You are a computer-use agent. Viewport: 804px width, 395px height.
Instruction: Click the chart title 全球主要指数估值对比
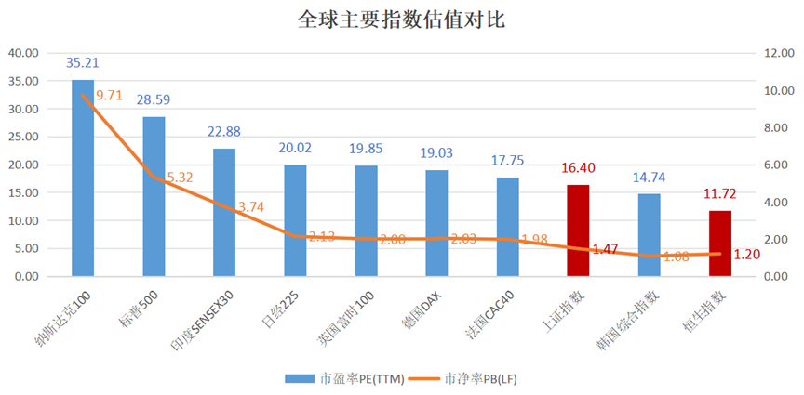tap(402, 20)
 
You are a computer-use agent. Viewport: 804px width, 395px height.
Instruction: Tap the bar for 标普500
tap(154, 197)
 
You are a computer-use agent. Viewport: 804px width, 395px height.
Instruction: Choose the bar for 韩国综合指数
tap(649, 235)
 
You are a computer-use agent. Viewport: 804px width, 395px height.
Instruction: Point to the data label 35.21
tap(83, 63)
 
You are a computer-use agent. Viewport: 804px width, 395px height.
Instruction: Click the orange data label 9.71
tap(110, 95)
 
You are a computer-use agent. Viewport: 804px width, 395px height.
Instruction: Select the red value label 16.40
tap(578, 168)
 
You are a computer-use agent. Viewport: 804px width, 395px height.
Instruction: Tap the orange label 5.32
tap(181, 177)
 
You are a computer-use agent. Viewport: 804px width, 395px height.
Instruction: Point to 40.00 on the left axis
tap(23, 53)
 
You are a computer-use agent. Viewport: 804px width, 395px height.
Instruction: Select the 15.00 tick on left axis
tap(23, 192)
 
